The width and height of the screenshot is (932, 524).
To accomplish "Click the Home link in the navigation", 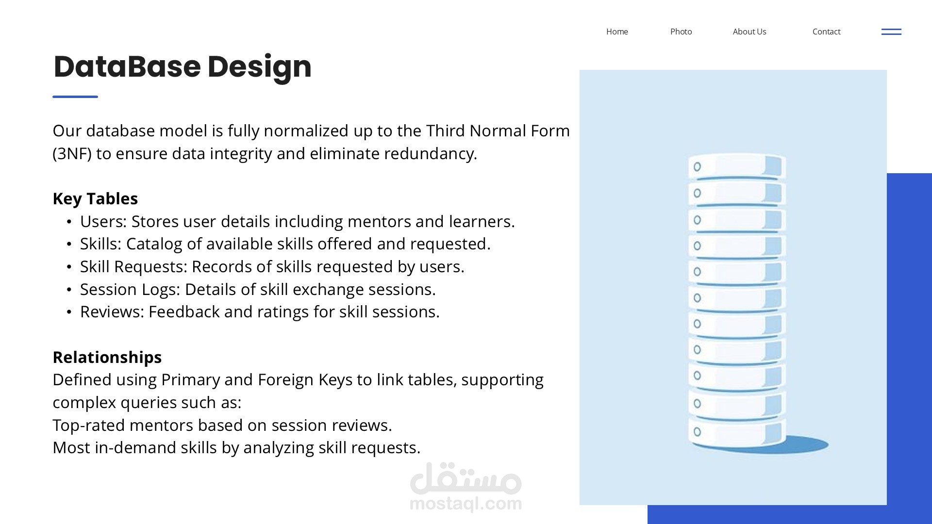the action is pos(617,32).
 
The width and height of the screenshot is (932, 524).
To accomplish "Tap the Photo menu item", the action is pos(681,32).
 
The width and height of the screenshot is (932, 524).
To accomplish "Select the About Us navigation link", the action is pos(749,32).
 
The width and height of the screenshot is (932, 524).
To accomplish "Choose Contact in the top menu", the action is pos(826,32).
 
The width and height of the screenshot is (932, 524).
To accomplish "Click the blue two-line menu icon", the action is pos(891,32).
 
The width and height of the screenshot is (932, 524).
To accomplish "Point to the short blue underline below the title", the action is pos(75,97).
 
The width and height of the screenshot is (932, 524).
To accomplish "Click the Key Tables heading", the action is pos(95,198).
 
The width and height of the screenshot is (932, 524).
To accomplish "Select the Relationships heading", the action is pos(107,357).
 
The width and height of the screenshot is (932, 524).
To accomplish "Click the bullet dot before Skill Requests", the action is pos(69,267).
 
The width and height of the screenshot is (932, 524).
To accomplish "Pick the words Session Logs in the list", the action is pos(130,290).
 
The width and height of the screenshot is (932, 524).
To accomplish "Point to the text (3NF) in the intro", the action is pos(72,154).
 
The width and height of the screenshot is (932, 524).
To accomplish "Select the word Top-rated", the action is pos(89,426).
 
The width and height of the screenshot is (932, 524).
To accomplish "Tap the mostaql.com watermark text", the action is pos(466,504).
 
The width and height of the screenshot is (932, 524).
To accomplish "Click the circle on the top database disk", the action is pos(697,167).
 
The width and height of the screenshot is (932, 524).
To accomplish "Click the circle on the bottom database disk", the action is pos(697,432).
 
